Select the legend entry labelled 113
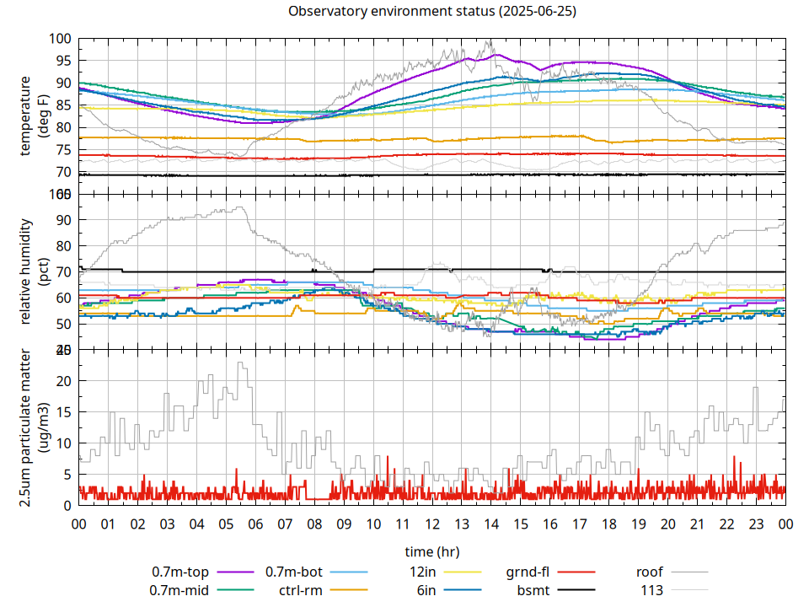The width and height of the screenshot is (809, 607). (x=652, y=590)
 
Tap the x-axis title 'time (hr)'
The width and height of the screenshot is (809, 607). (x=431, y=552)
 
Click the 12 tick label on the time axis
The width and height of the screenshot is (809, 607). (x=432, y=524)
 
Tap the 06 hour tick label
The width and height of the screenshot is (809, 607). (x=255, y=524)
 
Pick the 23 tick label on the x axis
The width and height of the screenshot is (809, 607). (x=756, y=524)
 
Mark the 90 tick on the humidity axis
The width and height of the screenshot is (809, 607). (x=61, y=220)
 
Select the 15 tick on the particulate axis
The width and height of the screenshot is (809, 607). (x=61, y=412)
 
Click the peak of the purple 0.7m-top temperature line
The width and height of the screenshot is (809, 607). (x=496, y=55)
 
